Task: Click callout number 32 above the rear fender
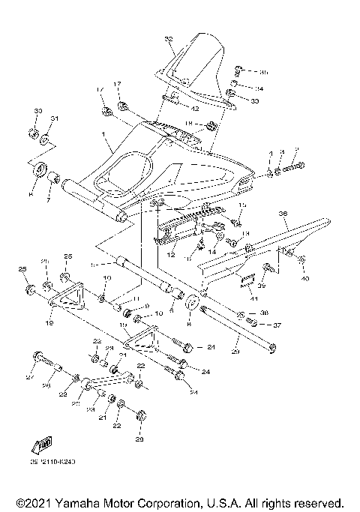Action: click(x=168, y=38)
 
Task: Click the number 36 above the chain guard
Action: click(x=283, y=214)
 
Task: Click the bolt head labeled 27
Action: click(x=37, y=357)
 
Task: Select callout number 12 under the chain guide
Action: click(x=170, y=256)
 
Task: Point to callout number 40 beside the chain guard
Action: click(x=305, y=279)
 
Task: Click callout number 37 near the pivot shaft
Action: click(x=277, y=325)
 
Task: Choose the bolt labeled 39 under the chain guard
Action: click(x=268, y=268)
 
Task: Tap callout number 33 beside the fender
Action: click(x=255, y=100)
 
